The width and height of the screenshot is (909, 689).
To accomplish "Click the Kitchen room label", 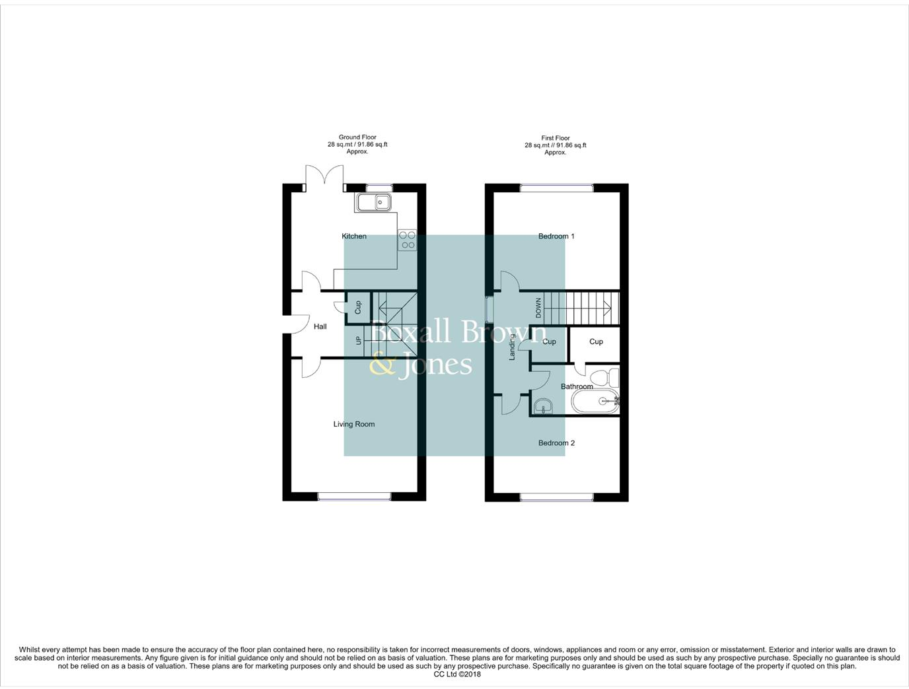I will click(x=353, y=236).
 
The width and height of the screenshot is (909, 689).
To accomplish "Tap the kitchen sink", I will click(x=374, y=202).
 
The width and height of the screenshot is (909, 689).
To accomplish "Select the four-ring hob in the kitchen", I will click(x=408, y=240).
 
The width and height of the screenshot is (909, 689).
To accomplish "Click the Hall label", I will click(x=320, y=326).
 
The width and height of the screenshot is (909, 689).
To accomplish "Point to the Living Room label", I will click(x=353, y=424).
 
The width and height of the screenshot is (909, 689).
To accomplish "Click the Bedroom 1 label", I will click(x=556, y=236).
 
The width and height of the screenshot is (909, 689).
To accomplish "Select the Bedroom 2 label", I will click(x=556, y=443).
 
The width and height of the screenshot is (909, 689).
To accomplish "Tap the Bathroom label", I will click(x=577, y=386).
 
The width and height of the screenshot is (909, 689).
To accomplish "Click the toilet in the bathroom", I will click(x=604, y=379).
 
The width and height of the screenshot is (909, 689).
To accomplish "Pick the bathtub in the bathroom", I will click(x=595, y=401).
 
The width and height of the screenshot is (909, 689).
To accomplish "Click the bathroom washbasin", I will click(x=543, y=405).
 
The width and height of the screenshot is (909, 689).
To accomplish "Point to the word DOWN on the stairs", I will click(x=538, y=308).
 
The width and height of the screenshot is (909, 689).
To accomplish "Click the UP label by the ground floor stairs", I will click(x=359, y=341).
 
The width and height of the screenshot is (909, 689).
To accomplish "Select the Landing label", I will click(x=512, y=347).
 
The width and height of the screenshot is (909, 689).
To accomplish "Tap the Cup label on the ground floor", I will click(x=358, y=307).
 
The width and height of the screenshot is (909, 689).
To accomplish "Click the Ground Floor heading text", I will click(x=357, y=137).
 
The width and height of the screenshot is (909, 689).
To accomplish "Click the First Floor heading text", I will click(x=556, y=138).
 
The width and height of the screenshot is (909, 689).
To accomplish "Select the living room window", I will click(x=355, y=496).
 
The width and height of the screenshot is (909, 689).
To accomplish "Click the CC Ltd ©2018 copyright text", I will click(x=457, y=674).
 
